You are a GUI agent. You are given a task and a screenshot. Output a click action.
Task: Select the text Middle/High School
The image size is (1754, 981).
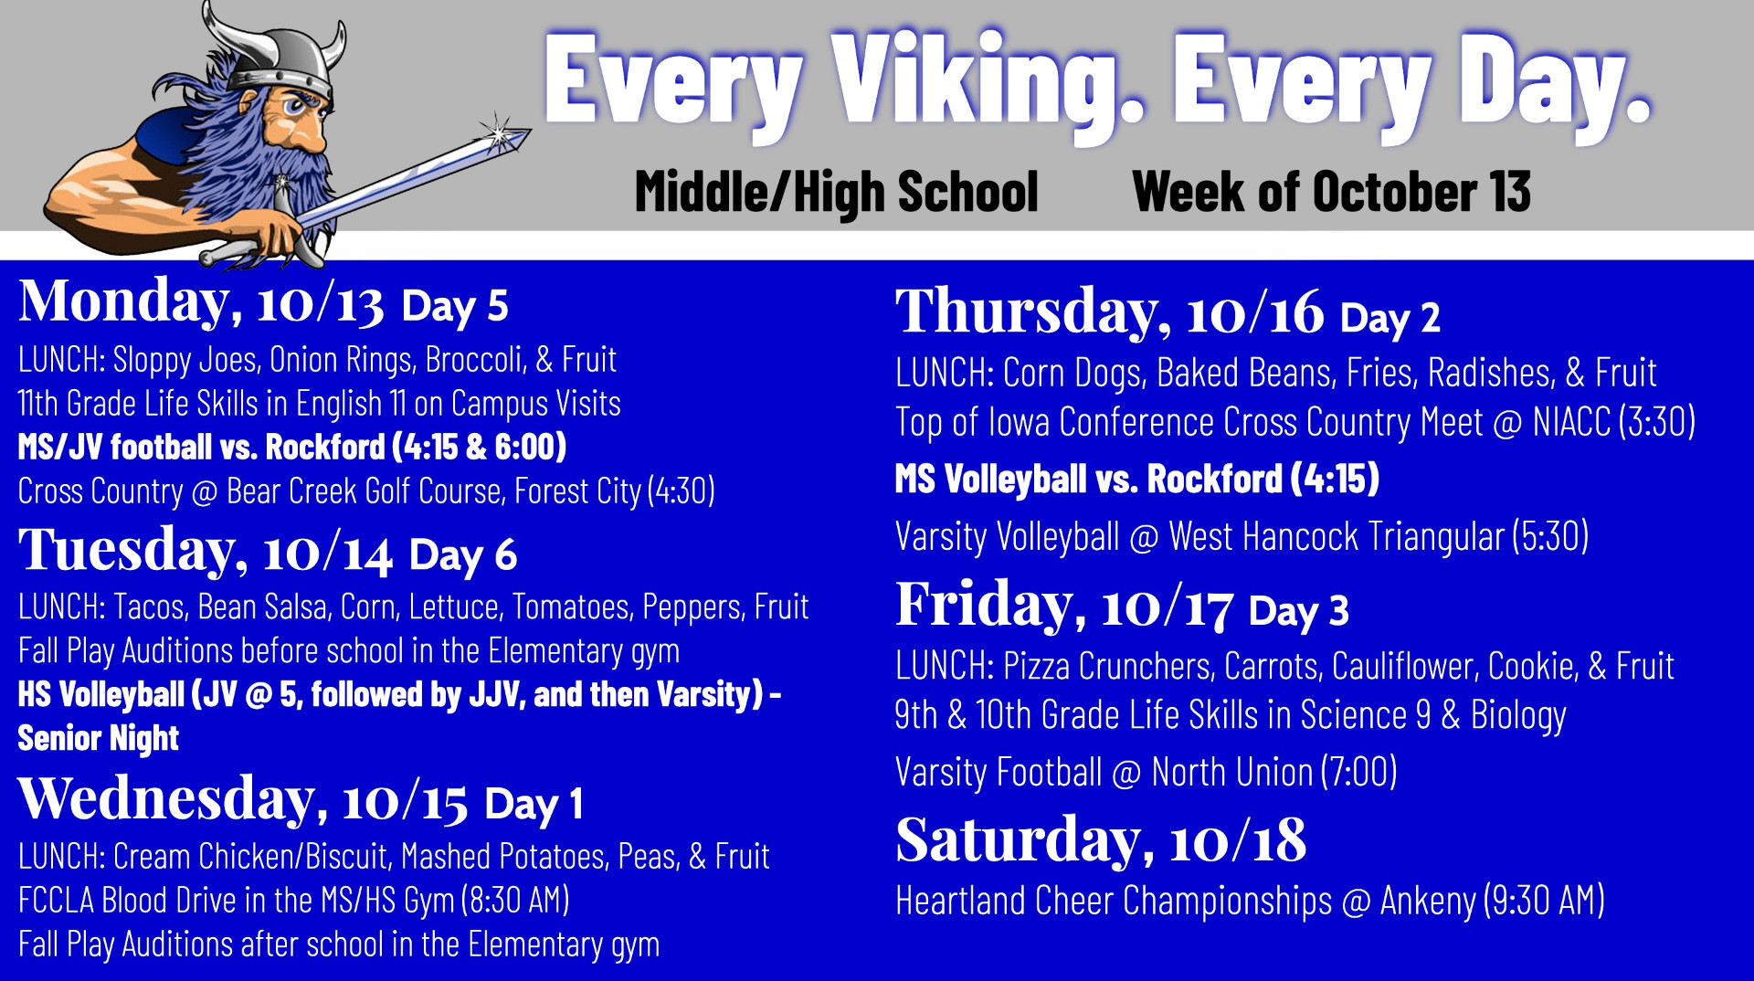[837, 192]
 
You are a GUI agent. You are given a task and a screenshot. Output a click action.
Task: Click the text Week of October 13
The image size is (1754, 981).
[1331, 192]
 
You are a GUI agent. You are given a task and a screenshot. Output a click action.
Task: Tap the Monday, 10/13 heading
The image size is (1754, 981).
[201, 301]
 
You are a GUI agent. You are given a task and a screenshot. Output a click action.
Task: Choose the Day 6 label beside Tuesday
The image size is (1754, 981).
[463, 554]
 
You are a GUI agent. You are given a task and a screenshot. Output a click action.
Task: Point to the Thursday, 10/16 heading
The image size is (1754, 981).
[1110, 311]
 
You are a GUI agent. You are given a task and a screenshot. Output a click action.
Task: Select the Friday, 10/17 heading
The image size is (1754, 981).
[1064, 605]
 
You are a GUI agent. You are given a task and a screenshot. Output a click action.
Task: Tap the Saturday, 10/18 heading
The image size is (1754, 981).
[1101, 840]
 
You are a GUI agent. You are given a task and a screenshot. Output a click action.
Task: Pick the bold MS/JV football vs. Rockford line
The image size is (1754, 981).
[292, 447]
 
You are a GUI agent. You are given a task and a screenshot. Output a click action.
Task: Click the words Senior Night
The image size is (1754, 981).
[99, 738]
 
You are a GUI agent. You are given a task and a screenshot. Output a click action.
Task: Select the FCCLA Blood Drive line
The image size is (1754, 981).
[294, 901]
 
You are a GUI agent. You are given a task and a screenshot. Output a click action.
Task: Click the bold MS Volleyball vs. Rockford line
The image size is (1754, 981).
[1137, 479]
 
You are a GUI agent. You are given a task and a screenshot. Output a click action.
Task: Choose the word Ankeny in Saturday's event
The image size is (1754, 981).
[1428, 902]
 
